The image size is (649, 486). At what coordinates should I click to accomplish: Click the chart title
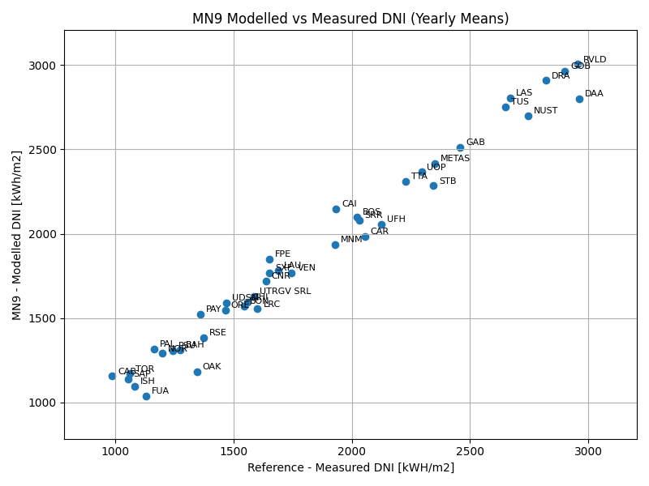point(350,19)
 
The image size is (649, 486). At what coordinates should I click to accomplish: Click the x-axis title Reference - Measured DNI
point(350,467)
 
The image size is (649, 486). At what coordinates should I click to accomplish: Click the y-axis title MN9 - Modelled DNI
point(17,235)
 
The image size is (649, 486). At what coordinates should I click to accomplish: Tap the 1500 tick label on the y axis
point(45,318)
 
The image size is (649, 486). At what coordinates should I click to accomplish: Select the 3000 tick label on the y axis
point(45,65)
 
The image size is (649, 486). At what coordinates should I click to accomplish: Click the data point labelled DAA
point(579,99)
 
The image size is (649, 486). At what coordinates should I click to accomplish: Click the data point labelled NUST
point(528,116)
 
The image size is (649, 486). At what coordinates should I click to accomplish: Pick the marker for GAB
point(460,147)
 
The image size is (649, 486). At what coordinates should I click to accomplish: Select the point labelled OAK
point(197,372)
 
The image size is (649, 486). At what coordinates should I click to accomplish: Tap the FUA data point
point(146,396)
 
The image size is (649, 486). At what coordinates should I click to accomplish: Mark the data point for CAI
point(336,209)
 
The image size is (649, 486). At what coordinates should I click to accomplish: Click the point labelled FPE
point(269,259)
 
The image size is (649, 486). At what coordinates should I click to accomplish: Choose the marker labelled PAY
point(200,314)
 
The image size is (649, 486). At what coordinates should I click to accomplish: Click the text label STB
point(448,181)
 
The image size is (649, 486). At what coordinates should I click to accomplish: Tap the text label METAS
point(455,159)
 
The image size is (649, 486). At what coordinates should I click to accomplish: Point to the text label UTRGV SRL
point(285,292)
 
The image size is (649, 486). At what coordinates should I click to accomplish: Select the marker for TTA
point(406,181)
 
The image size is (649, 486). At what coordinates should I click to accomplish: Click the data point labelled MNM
point(335,245)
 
